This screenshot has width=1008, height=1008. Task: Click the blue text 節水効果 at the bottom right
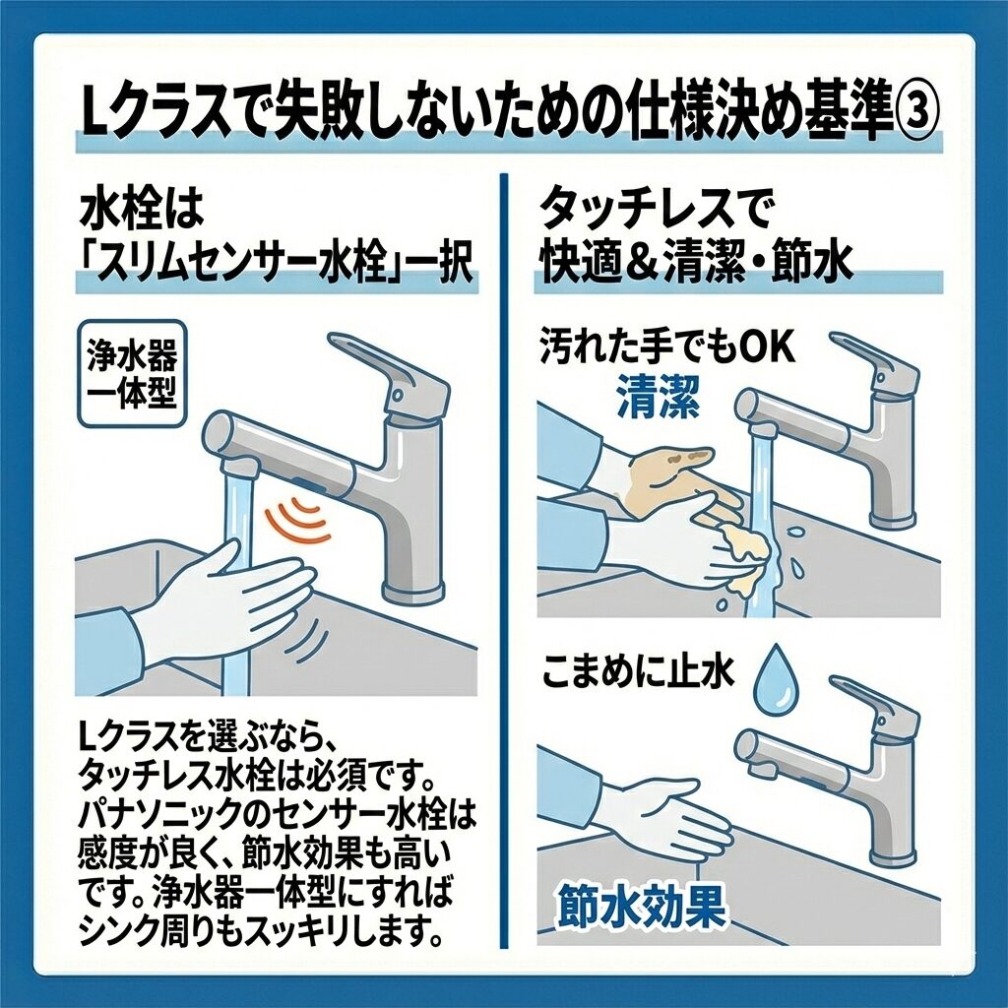pos(641,907)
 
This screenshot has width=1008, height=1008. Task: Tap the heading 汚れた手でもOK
pos(667,347)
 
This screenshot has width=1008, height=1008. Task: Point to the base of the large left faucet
pos(412,590)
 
